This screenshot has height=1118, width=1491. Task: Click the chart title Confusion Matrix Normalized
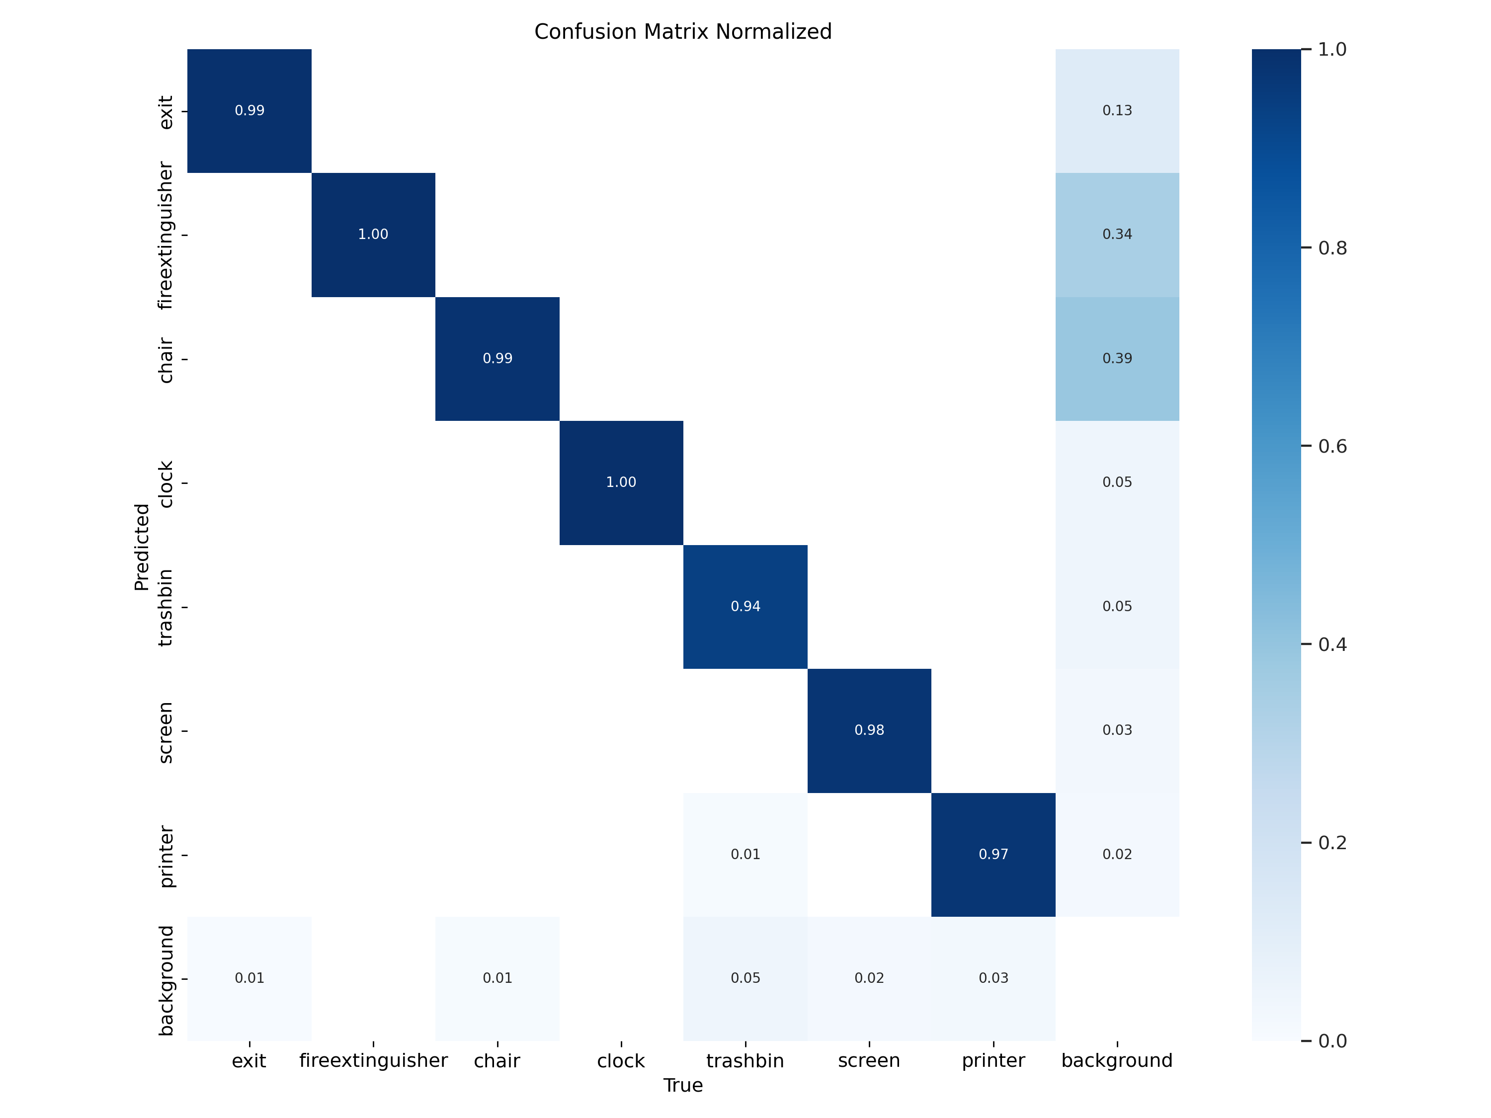click(683, 32)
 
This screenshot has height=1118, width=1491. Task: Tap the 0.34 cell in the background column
click(1117, 235)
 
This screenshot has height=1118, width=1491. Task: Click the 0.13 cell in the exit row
click(1117, 110)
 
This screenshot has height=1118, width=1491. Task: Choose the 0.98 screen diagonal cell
click(869, 730)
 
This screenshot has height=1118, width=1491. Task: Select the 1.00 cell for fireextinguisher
click(373, 235)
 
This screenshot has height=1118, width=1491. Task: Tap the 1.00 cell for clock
click(621, 482)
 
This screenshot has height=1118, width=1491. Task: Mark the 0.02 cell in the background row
click(869, 978)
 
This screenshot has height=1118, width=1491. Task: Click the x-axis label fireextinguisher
click(373, 1061)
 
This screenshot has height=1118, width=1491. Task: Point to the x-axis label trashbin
click(745, 1061)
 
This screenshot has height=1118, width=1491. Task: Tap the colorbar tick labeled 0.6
click(1332, 446)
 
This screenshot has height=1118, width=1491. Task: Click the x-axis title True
click(683, 1086)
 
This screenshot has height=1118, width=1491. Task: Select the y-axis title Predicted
click(142, 547)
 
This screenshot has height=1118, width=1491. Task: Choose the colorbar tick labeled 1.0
click(1332, 49)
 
